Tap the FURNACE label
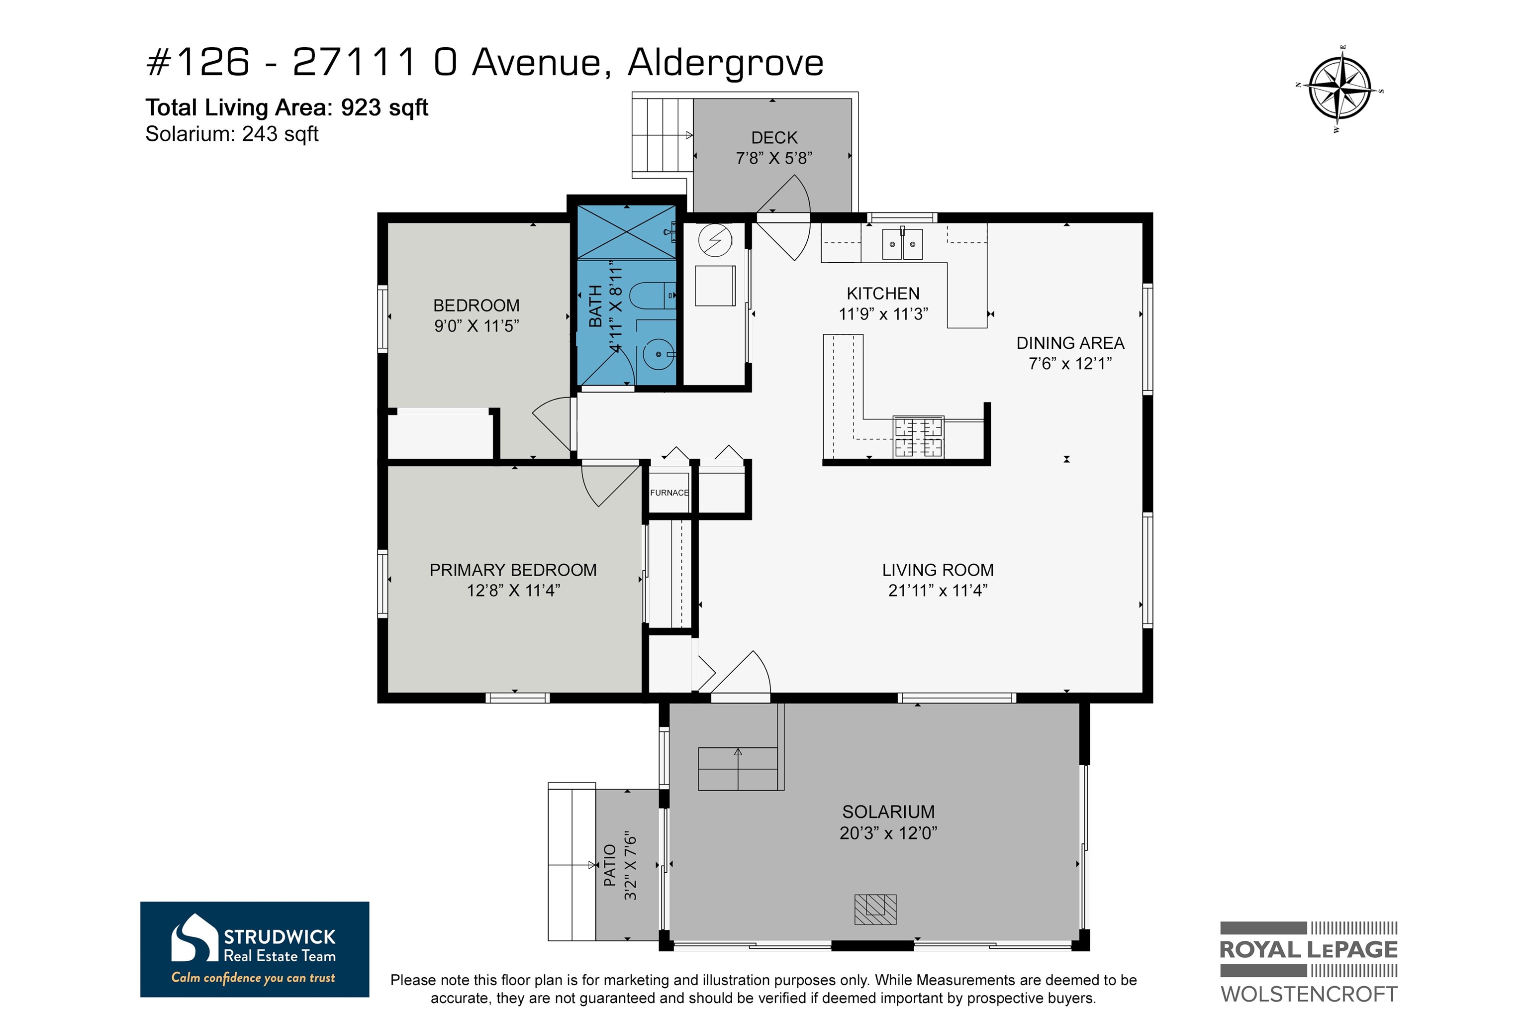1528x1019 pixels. coord(669,493)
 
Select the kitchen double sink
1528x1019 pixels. coord(902,244)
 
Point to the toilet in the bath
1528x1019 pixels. coord(653,296)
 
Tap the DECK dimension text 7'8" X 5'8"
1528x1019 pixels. coord(774,158)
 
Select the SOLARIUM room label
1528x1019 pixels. coord(888,812)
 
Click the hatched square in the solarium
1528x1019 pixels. coord(875,909)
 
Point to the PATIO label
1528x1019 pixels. coord(609,865)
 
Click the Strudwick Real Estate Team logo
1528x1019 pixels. coord(255,949)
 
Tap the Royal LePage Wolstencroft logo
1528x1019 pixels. coord(1309,962)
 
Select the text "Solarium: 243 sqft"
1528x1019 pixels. coord(232,134)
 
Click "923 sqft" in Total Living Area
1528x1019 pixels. coord(384,107)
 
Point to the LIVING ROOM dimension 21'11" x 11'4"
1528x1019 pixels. coord(938,590)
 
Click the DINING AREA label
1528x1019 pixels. coord(1070,343)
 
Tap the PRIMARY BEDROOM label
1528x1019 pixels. coord(513,570)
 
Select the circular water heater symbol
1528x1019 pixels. coord(715,240)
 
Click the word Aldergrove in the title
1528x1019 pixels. coord(726,63)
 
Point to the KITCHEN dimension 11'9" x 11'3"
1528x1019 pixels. coord(883,314)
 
